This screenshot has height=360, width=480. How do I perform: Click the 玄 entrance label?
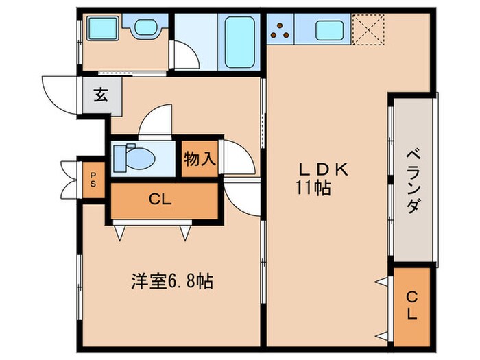pyautogui.click(x=101, y=95)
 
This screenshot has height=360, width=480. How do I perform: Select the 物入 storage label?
pyautogui.click(x=200, y=160)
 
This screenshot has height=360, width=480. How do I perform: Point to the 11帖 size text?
pyautogui.click(x=313, y=187)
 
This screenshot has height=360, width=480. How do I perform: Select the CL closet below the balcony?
pyautogui.click(x=411, y=306)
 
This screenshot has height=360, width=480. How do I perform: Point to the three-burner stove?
pyautogui.click(x=280, y=30)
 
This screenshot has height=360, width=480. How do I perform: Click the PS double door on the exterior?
pyautogui.click(x=70, y=180)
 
